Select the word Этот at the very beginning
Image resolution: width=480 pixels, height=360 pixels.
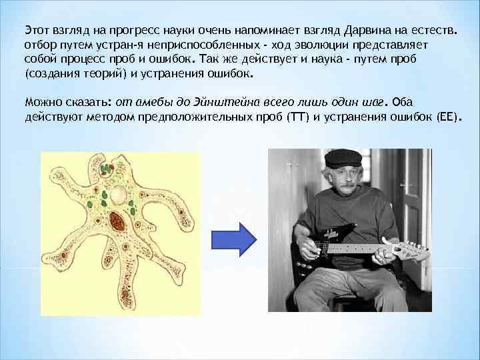37,30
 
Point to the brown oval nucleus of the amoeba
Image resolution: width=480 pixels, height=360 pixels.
117,221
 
